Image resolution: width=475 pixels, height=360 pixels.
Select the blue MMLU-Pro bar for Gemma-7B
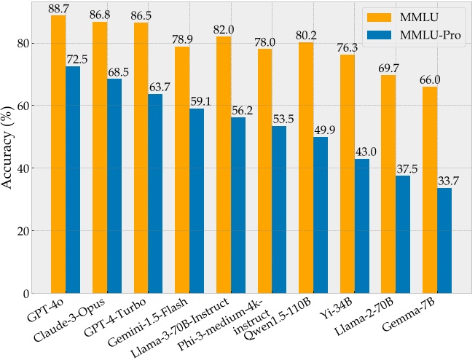(444, 240)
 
